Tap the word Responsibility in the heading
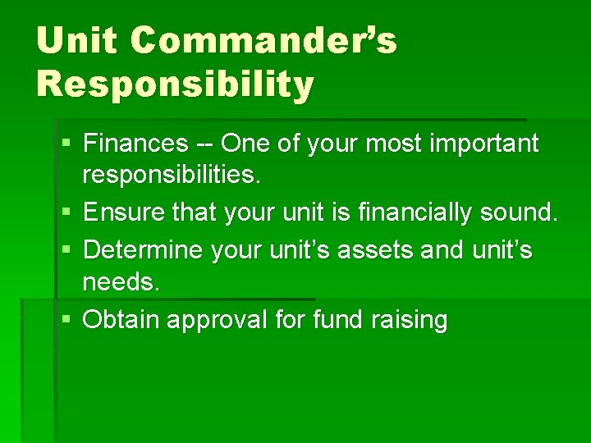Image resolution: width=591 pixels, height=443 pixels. click(175, 84)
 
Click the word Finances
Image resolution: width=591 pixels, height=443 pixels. click(135, 144)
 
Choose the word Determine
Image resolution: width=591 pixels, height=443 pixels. click(144, 249)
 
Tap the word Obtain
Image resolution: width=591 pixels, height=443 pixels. click(121, 319)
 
